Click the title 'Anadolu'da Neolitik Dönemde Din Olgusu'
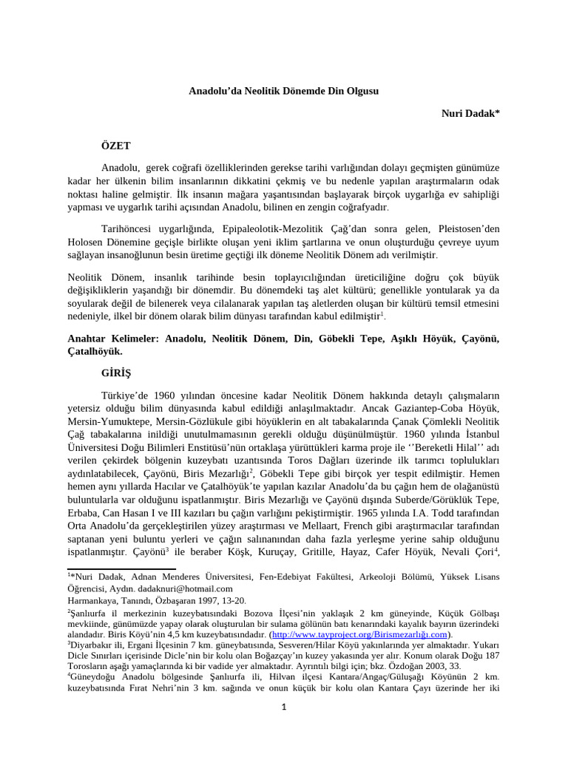pos(284,90)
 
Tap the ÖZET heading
pos(115,146)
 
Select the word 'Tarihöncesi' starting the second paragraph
pos(126,228)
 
